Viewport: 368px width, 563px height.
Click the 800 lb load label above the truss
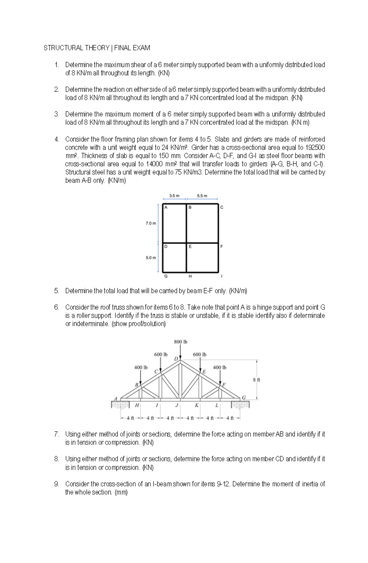(x=181, y=341)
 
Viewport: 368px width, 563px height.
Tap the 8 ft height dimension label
(x=257, y=380)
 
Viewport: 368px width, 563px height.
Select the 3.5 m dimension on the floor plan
(x=174, y=196)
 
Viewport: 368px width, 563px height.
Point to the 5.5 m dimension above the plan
(x=202, y=196)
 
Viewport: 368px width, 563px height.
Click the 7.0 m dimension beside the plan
(x=151, y=223)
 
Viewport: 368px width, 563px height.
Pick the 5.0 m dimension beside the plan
(x=151, y=257)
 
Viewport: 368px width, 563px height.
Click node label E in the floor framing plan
(x=190, y=246)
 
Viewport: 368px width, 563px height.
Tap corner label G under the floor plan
(x=166, y=276)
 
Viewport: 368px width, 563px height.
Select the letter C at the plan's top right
(x=222, y=207)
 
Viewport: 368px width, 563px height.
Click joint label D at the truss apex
(x=176, y=358)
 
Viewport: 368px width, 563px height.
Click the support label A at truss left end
(x=116, y=398)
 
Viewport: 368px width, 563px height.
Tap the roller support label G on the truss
(x=244, y=398)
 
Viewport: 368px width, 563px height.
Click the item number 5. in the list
(x=56, y=291)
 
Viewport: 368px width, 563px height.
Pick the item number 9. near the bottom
(x=56, y=484)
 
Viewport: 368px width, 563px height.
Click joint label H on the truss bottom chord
(x=137, y=405)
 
